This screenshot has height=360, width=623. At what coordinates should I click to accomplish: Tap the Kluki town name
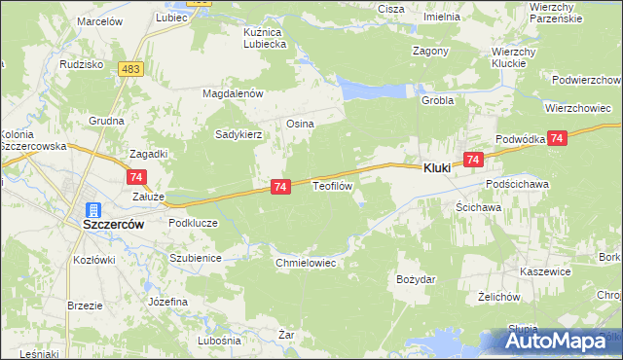[437, 168]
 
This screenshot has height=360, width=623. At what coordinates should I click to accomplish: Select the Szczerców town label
[113, 223]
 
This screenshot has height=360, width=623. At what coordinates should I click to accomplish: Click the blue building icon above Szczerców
[94, 209]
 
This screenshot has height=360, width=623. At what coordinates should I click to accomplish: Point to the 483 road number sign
[132, 69]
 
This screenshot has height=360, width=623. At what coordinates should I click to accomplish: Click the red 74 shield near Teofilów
[279, 186]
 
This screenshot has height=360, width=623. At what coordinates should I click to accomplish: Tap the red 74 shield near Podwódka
[557, 139]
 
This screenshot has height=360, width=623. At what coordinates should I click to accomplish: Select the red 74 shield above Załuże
[135, 176]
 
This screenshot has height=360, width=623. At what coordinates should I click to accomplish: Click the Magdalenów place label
[234, 93]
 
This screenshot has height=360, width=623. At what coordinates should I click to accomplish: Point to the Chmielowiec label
[306, 263]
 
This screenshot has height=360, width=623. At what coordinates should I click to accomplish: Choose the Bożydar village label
[416, 279]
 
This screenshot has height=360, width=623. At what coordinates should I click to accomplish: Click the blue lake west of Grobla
[374, 90]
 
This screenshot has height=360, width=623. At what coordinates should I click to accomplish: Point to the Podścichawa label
[520, 184]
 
